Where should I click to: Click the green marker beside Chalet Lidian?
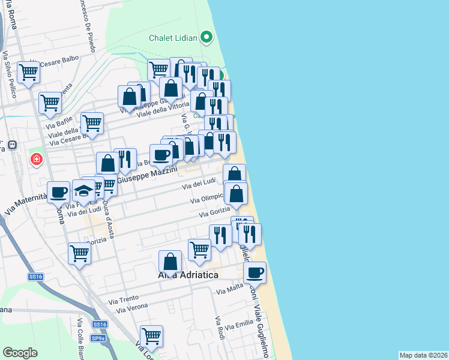tap(207, 38)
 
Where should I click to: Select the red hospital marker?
tap(37, 160)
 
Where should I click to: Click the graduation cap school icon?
tap(83, 191)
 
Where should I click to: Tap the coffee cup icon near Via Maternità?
tap(58, 192)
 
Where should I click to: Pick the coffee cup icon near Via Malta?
tap(255, 273)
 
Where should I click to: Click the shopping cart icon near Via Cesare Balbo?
tap(28, 73)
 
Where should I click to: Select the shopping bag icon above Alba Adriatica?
tap(170, 262)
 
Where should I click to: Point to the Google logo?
tap(20, 353)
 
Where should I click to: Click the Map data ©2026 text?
tap(424, 355)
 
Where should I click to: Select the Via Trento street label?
tap(123, 299)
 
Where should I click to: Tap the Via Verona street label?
tap(130, 308)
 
